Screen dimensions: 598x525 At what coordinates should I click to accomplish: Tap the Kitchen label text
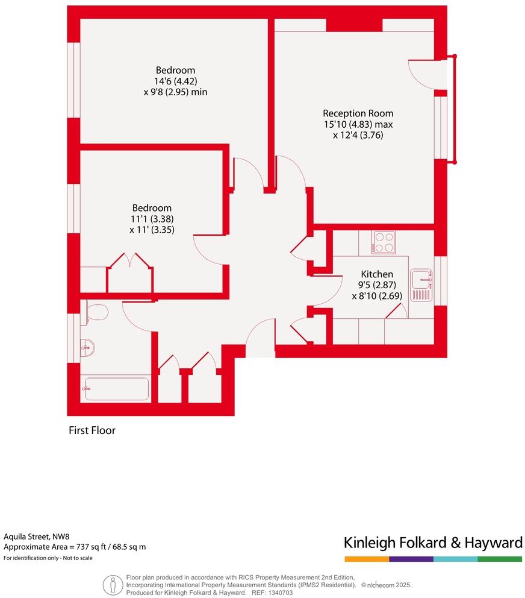tap(377, 274)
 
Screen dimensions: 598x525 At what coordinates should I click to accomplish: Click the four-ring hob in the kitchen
tap(384, 242)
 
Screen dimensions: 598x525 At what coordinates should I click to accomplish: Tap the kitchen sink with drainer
tap(421, 285)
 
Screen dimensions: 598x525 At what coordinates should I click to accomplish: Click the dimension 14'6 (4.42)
tap(175, 81)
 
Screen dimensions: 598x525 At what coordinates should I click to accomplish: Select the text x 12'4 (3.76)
tap(358, 135)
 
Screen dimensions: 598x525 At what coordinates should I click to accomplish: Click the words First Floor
tap(92, 430)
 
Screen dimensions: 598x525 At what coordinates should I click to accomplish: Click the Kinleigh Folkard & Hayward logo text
tap(432, 543)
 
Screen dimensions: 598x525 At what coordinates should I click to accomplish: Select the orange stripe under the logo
tap(366, 559)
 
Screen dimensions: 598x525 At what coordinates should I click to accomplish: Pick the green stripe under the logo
tap(500, 559)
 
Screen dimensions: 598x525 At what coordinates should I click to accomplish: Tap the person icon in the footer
tap(112, 585)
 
